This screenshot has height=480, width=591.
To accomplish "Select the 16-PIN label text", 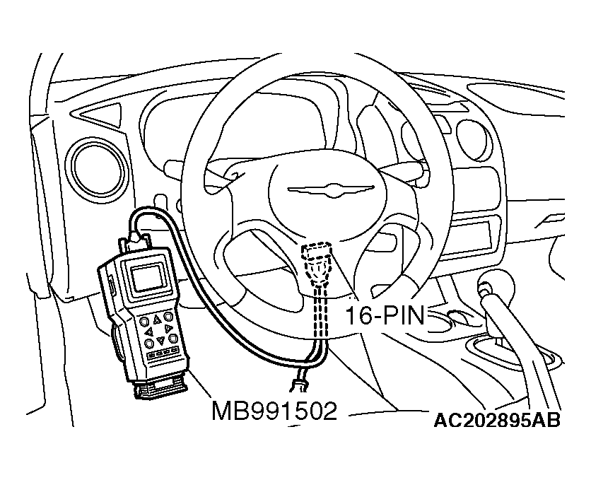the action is pyautogui.click(x=385, y=316).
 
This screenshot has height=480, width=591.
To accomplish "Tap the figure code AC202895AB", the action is pyautogui.click(x=497, y=421).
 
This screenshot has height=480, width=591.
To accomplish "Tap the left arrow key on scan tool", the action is pyautogui.click(x=149, y=331).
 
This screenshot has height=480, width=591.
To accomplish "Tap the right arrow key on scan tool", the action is pyautogui.click(x=168, y=328).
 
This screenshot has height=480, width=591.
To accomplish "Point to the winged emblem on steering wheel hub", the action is pyautogui.click(x=331, y=189).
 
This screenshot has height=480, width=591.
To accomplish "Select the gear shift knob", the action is pyautogui.click(x=495, y=288).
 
